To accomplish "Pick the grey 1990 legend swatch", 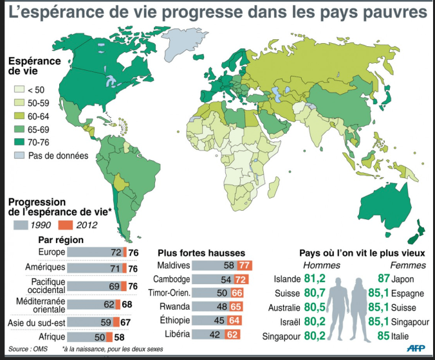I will pos(22,224).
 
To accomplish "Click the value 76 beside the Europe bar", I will pos(133,252).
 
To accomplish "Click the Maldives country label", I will pos(174,265).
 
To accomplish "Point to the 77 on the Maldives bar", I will pos(243,265).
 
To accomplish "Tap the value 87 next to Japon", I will pos(383,279).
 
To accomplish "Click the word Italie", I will pos(407,335).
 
